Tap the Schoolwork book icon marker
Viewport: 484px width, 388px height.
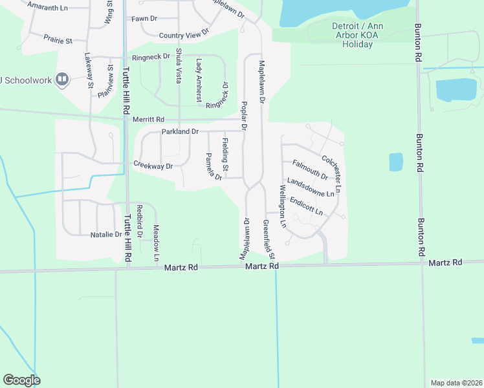(62, 80)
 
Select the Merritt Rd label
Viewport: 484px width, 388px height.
(149, 120)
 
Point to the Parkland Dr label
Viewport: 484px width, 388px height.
(180, 131)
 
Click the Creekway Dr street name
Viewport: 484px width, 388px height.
(153, 166)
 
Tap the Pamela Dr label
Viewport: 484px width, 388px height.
(214, 166)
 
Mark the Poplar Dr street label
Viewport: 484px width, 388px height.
(244, 115)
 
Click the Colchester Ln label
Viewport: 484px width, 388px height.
(330, 167)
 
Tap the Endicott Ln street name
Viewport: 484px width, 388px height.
(306, 206)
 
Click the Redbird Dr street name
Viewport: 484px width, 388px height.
(140, 221)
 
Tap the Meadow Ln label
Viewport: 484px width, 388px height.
(156, 242)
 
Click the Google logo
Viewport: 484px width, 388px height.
(21, 380)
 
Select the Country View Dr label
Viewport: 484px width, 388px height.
(184, 34)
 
